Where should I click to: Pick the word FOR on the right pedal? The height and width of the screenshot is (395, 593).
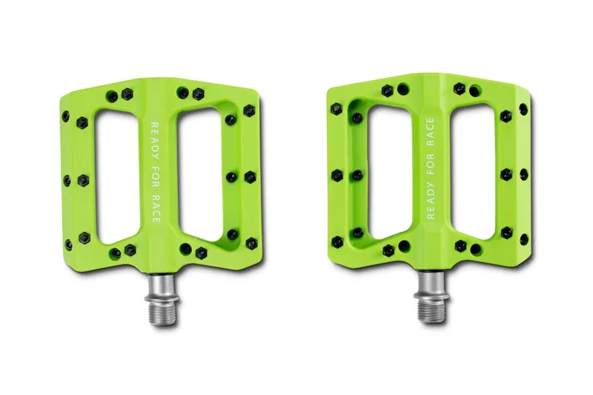(x=431, y=170)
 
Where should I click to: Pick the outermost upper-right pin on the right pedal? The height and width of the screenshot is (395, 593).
(x=524, y=109)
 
